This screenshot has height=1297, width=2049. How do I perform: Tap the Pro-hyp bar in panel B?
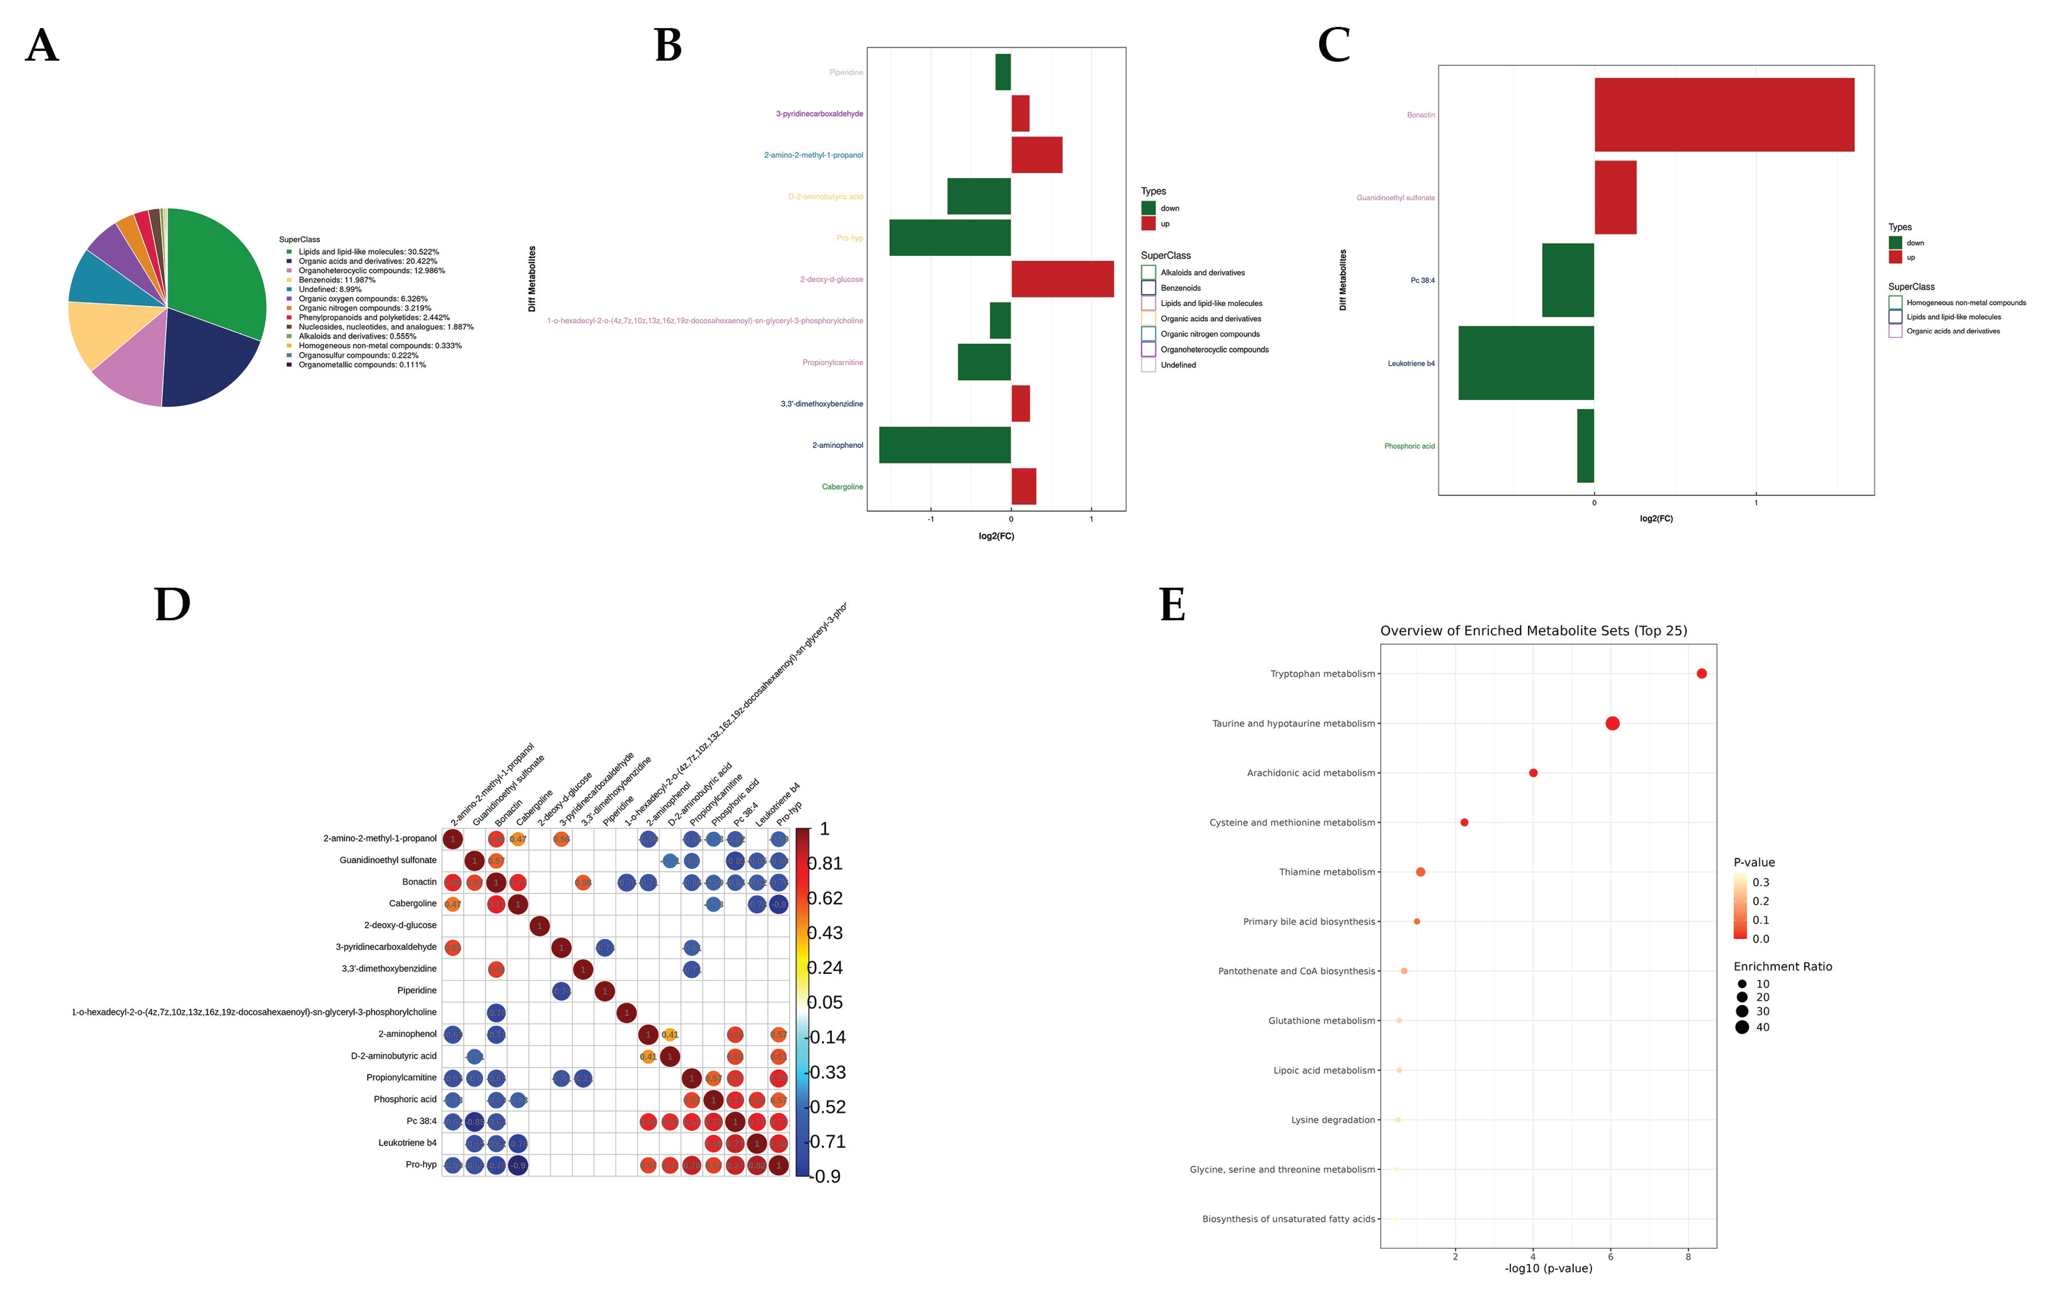pos(950,237)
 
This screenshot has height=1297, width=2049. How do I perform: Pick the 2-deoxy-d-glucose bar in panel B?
pos(1062,279)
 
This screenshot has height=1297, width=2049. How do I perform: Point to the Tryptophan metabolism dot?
pos(1701,673)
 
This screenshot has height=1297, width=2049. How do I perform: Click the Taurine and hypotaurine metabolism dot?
pos(1612,723)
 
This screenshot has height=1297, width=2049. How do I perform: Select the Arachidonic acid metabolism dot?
pos(1532,773)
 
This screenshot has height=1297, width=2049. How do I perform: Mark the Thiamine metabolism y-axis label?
pos(1327,872)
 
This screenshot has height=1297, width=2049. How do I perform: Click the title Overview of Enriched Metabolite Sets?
pos(1532,631)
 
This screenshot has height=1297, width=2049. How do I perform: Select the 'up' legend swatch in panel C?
pos(1895,257)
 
